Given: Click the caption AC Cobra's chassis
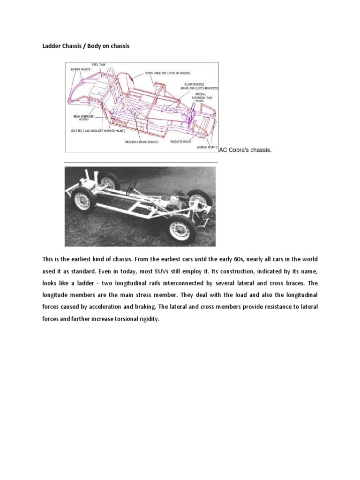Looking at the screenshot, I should point(245,150).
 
